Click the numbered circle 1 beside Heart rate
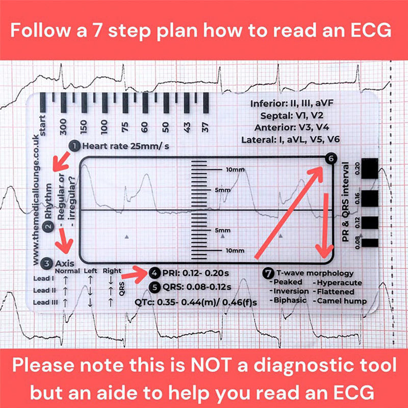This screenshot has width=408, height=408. (74, 146)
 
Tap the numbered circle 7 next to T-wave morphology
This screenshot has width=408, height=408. (268, 273)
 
